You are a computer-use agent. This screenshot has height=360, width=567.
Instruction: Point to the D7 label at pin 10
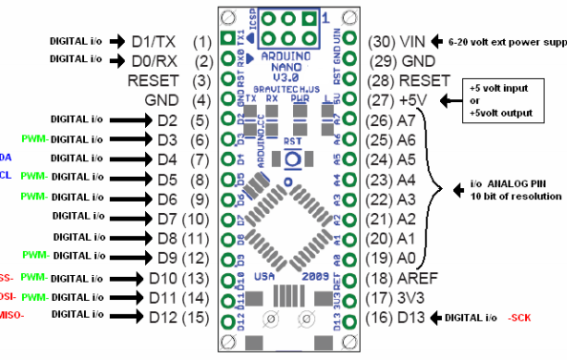pyautogui.click(x=166, y=219)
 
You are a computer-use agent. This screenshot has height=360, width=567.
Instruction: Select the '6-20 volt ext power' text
pyautogui.click(x=507, y=42)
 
